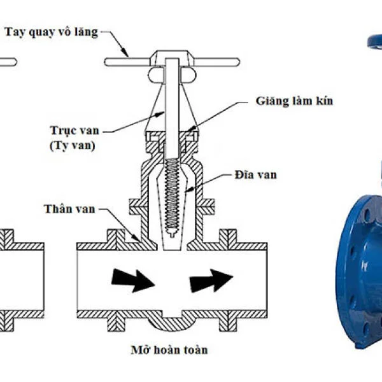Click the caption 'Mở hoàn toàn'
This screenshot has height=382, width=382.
point(169,350)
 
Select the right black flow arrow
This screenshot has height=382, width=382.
point(211,279)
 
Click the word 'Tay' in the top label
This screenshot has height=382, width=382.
point(15,32)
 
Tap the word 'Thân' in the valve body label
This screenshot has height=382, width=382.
point(56,209)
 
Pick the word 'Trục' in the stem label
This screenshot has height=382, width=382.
point(63,131)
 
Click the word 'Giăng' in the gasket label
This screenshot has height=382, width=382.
point(269,101)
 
